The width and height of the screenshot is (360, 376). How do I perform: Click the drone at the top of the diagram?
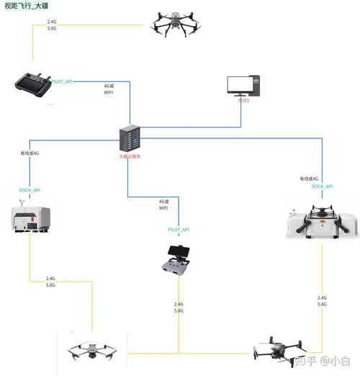[175, 24]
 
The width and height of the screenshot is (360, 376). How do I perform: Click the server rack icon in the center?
[130, 138]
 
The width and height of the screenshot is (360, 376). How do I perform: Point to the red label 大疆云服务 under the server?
[130, 156]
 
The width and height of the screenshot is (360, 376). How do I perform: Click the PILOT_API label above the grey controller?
[179, 229]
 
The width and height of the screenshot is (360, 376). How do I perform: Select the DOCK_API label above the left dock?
[30, 190]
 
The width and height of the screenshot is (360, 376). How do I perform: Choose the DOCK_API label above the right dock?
[322, 187]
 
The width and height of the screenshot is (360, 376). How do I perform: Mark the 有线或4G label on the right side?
[308, 178]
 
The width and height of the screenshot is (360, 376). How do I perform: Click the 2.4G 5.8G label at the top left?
[51, 26]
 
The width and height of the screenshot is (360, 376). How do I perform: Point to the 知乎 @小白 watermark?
[325, 359]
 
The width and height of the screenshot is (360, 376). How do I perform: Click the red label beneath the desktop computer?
[243, 101]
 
